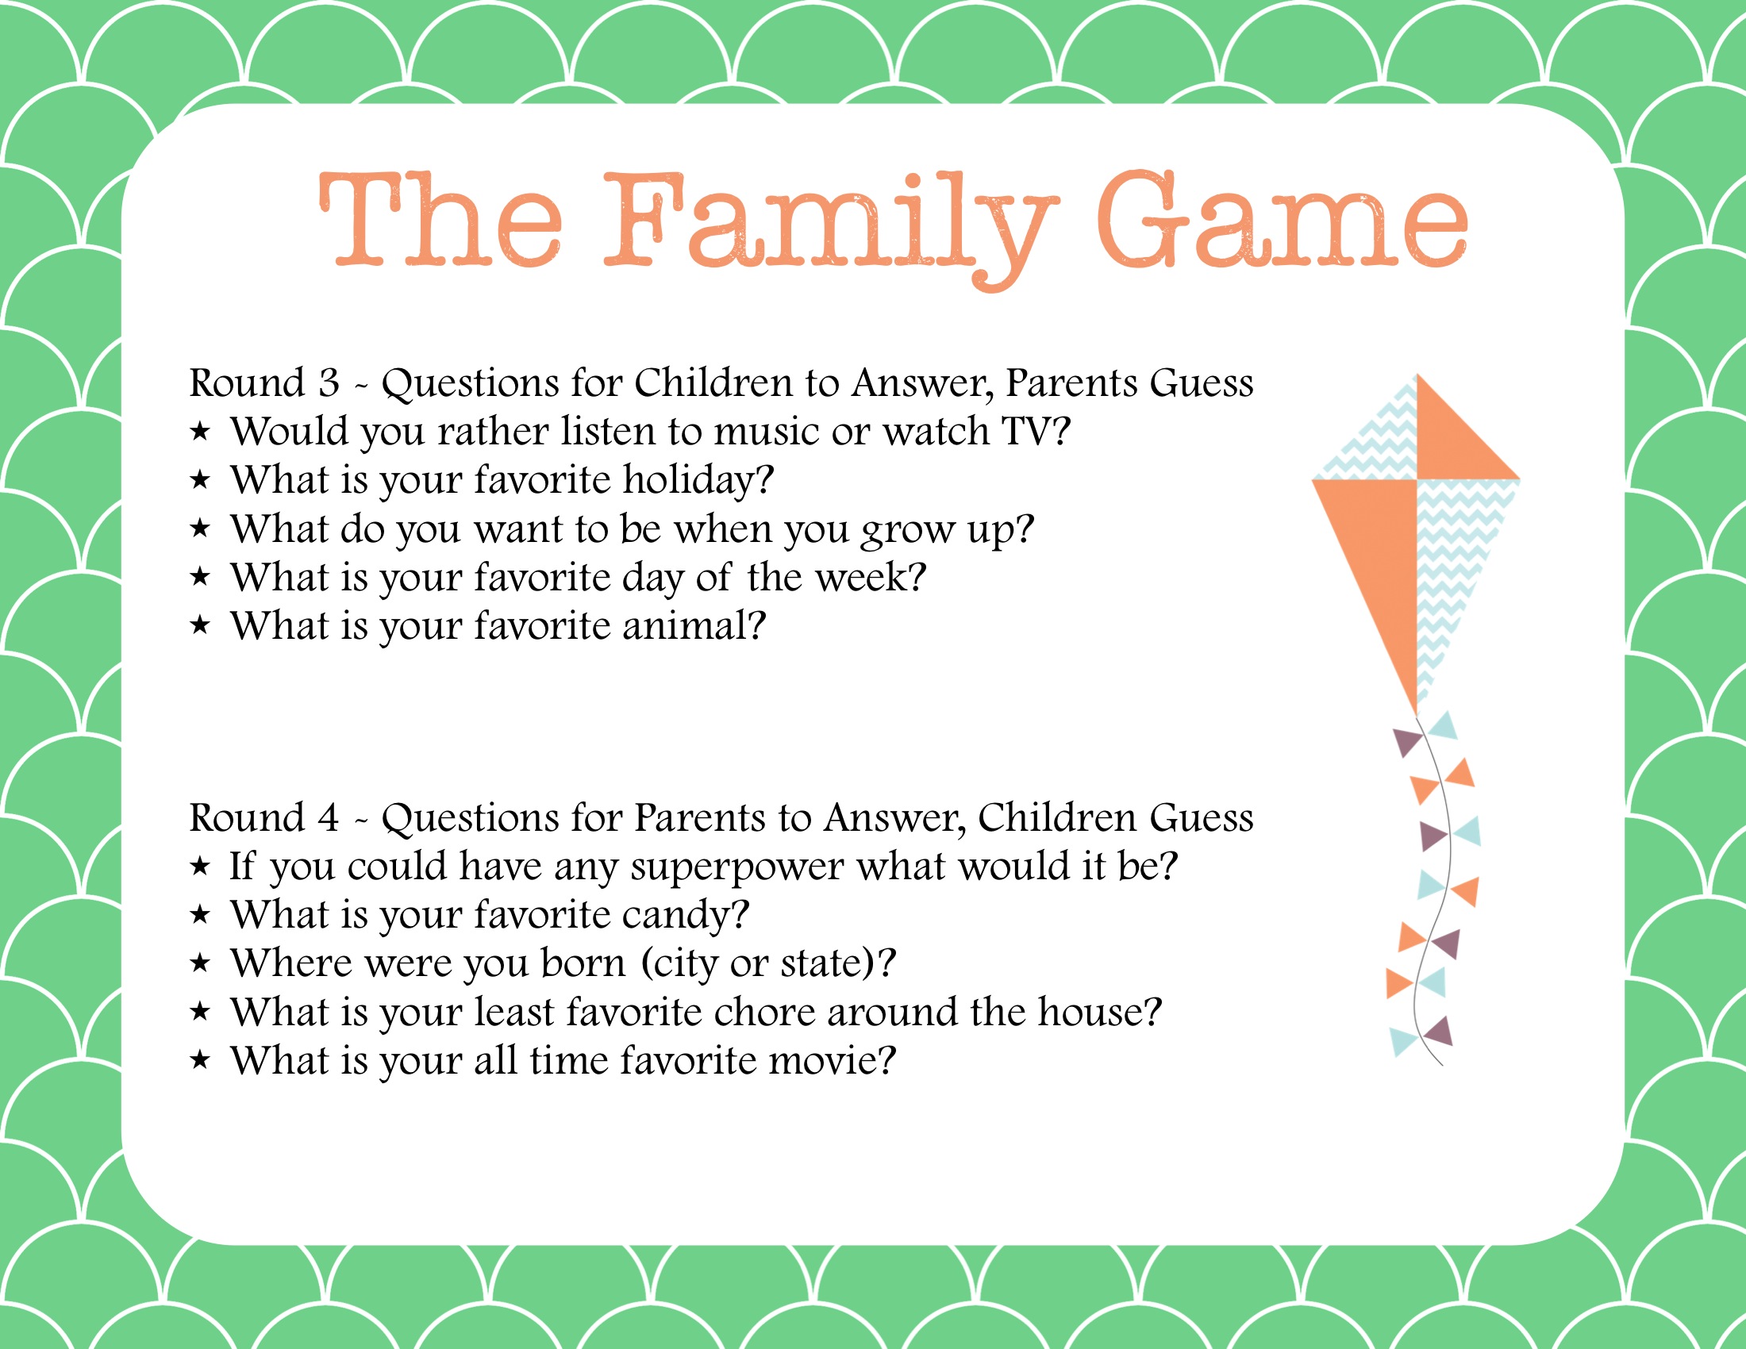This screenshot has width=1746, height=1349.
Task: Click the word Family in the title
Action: point(832,229)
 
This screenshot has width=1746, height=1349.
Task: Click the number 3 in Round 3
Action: point(329,382)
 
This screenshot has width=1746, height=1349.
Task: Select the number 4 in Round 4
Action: point(328,817)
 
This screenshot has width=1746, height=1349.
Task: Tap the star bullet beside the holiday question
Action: point(200,479)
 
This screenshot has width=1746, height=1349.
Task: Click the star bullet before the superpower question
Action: point(200,867)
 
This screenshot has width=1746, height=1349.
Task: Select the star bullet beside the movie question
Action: point(200,1060)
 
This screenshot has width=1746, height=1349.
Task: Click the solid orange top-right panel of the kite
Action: point(1451,444)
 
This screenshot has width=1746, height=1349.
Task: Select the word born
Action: point(583,963)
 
